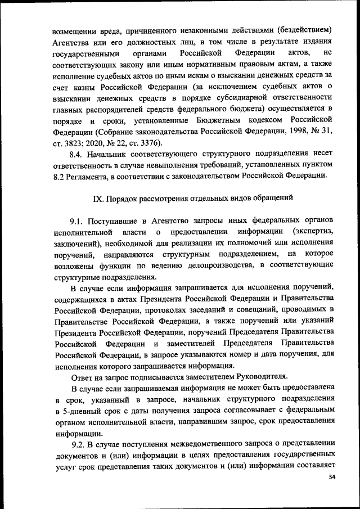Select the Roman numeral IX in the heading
click(x=96, y=199)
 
